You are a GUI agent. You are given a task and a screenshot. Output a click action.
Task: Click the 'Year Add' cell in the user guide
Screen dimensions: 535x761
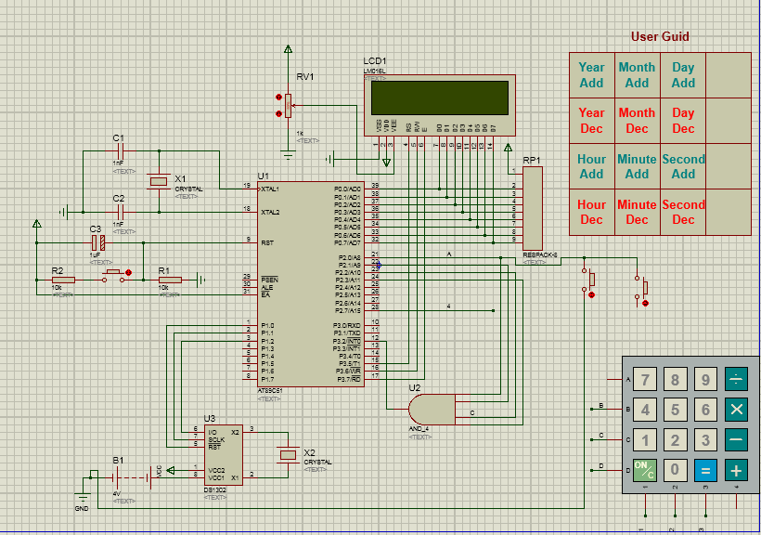click(x=591, y=75)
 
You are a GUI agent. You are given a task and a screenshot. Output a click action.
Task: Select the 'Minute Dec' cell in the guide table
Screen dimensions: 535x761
click(x=637, y=213)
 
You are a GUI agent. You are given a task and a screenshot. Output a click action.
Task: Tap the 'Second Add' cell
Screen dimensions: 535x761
click(x=683, y=166)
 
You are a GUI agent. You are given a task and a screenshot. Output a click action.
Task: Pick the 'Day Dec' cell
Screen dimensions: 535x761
click(x=683, y=121)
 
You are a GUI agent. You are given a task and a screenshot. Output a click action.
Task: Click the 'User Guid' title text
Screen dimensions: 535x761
click(x=660, y=37)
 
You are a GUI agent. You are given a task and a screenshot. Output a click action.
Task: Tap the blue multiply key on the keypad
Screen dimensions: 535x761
click(x=736, y=409)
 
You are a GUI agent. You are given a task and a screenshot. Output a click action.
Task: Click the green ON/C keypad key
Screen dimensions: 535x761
click(x=644, y=470)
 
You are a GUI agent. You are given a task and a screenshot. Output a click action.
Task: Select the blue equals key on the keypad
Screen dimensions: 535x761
click(x=705, y=470)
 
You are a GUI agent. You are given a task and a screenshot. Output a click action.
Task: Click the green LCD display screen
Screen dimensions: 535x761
click(x=439, y=97)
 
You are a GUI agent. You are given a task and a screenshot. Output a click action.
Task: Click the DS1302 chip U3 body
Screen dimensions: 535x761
click(x=222, y=454)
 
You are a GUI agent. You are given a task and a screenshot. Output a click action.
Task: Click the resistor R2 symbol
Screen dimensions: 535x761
click(x=63, y=279)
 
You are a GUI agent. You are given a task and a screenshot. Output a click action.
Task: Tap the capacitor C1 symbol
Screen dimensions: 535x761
click(x=119, y=150)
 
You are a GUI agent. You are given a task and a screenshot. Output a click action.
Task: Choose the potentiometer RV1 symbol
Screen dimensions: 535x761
click(x=288, y=103)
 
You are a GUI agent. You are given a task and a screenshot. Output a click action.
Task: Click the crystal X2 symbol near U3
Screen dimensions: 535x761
click(x=289, y=454)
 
